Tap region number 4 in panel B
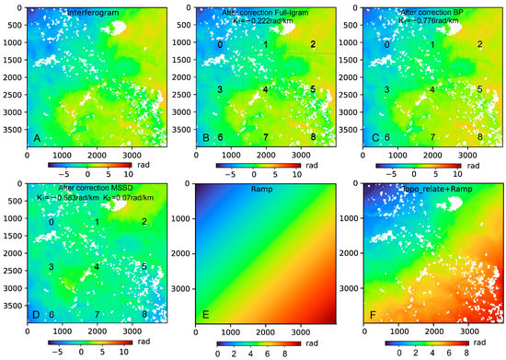click(x=265, y=90)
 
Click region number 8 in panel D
click(x=144, y=315)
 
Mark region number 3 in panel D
click(x=51, y=267)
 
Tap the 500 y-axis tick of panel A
click(x=16, y=26)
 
